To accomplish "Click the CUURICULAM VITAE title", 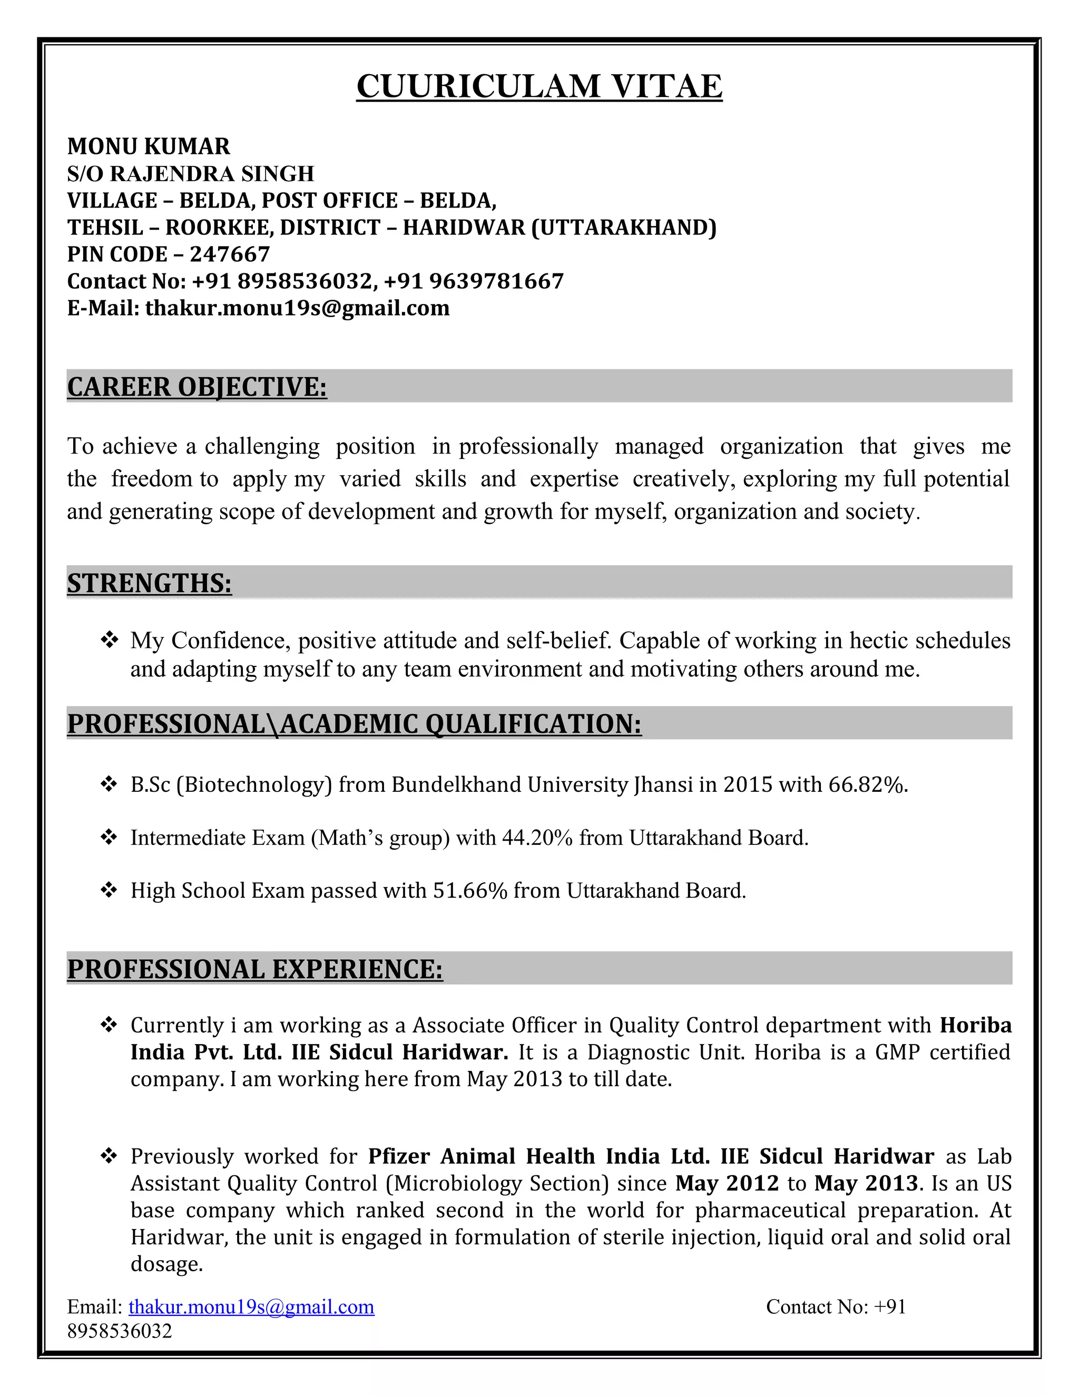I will pos(539,86).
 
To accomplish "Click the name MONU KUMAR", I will pos(148,146).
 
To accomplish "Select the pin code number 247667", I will pos(230,254).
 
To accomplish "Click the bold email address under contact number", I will pos(297,308).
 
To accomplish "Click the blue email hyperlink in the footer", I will pos(251,1306).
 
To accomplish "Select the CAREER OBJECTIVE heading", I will pos(197,387).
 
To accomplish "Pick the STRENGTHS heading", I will pos(149,583).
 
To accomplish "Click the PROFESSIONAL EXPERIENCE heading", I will pos(254,969).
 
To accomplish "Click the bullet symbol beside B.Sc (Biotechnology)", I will pos(109,784).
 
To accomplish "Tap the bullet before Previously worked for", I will pos(109,1156).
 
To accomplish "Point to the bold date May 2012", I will pos(727,1183).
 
